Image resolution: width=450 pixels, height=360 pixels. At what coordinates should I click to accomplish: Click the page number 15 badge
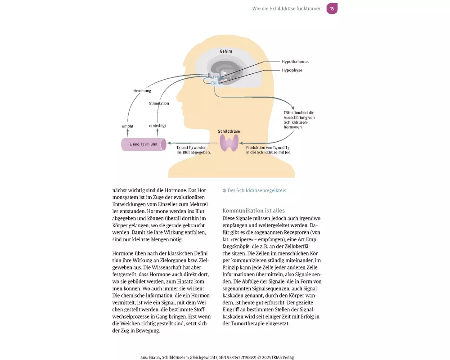point(332,9)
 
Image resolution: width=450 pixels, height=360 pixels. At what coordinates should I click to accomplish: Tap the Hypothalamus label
point(295,61)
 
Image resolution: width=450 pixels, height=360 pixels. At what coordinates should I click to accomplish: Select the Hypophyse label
point(292,70)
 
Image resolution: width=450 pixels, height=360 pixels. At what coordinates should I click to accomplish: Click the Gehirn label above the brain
point(225,51)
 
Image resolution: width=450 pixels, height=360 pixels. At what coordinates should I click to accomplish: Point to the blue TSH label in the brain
point(214,83)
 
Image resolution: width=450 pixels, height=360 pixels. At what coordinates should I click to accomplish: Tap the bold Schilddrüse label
point(229,131)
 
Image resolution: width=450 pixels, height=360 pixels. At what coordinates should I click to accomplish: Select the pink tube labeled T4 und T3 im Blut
point(144,144)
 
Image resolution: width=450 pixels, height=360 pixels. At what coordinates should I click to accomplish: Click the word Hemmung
point(142,91)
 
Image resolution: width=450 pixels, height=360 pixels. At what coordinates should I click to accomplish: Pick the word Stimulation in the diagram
point(159,103)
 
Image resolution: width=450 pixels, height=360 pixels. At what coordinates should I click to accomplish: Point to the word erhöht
point(128,126)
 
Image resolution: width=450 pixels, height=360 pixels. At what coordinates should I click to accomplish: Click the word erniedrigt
point(158,126)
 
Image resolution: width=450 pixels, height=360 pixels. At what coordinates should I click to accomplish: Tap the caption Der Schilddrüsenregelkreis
point(256,190)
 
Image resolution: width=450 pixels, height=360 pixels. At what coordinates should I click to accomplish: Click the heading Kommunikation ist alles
point(253,211)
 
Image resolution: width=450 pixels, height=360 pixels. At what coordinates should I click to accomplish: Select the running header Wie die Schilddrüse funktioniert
point(287,9)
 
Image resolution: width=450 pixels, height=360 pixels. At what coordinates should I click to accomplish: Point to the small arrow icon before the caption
point(225,190)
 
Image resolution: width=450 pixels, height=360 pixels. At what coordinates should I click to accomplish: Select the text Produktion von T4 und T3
point(267,148)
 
